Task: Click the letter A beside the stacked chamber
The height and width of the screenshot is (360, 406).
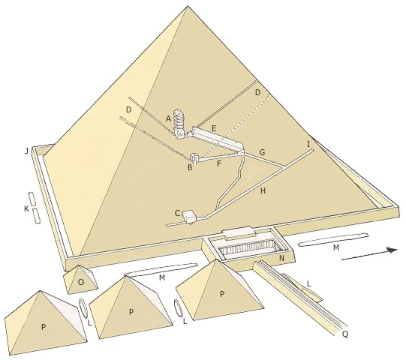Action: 168,118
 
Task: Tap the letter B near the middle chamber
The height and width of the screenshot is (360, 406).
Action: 190,167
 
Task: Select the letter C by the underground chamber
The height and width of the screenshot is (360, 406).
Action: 177,213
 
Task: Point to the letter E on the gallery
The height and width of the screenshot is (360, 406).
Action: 214,128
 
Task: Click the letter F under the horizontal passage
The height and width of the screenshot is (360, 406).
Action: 219,163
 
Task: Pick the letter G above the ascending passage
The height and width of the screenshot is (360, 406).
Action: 263,152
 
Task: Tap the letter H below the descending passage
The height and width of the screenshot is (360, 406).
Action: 263,191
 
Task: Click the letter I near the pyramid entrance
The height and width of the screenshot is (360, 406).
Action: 308,144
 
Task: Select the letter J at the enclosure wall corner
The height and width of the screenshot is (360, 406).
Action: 26,151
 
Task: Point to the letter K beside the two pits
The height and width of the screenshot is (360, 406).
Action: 26,208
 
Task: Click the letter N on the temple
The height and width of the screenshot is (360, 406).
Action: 281,258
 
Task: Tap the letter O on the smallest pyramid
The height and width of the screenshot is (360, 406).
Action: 81,282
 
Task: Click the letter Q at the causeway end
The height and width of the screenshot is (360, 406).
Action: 345,334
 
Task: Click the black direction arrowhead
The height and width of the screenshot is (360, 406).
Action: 392,250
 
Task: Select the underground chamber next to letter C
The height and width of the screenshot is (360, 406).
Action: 190,217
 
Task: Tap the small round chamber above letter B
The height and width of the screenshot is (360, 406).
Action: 194,157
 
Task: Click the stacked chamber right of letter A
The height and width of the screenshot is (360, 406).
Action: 179,122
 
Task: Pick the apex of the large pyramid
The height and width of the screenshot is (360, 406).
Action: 187,7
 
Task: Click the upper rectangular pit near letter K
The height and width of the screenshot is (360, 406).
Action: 32,199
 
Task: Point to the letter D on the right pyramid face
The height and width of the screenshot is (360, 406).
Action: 257,93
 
